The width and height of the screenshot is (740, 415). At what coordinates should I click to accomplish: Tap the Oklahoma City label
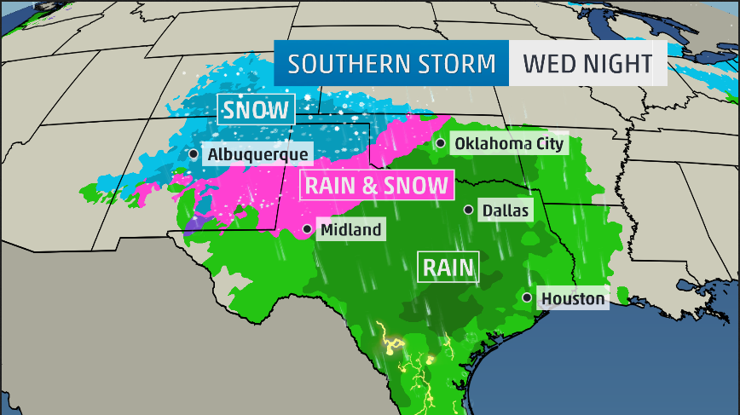coord(509,143)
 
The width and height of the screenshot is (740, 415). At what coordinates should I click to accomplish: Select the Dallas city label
coord(506,210)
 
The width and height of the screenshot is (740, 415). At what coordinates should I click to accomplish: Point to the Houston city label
coord(573,298)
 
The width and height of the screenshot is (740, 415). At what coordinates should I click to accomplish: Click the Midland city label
coord(350,229)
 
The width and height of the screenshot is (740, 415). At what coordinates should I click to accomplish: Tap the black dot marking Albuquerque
coord(194,154)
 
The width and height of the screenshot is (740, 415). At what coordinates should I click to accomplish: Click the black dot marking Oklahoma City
coord(440,143)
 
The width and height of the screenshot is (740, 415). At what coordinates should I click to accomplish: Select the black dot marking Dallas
coord(468,210)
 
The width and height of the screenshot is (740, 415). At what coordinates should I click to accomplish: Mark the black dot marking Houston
coord(528,297)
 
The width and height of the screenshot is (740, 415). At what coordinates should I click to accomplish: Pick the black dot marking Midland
coord(307,229)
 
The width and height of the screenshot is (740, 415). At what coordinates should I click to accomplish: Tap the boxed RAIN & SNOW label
coord(376,185)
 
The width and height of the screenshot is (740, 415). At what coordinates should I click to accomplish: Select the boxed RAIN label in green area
coord(448,268)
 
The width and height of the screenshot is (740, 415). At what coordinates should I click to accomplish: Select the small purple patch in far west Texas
coord(194,224)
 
